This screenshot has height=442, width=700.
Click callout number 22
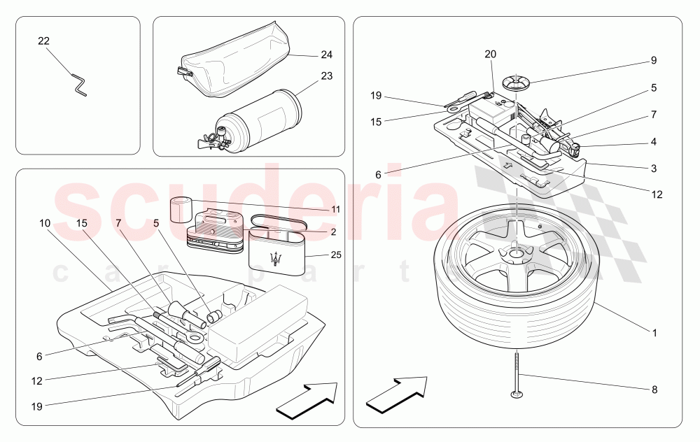point(43,41)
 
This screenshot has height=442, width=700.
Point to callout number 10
point(45,223)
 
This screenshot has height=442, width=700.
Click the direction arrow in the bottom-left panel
point(306,401)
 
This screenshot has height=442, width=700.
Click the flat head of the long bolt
point(516,397)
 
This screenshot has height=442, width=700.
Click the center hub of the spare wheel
point(516,257)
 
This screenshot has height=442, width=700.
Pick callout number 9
point(653,60)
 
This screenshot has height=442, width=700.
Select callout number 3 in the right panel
point(653,169)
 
